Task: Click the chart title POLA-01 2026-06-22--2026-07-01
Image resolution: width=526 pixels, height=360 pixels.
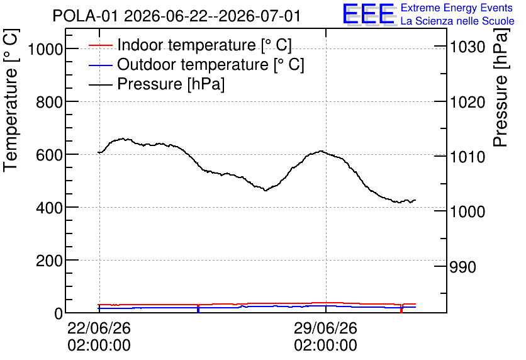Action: [x=176, y=16]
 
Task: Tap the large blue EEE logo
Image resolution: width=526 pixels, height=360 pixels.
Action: [x=369, y=14]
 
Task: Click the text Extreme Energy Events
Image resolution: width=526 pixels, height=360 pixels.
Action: [x=457, y=8]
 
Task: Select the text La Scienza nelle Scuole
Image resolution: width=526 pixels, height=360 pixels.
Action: [x=457, y=21]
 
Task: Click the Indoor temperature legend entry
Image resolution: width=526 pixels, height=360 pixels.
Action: [x=190, y=45]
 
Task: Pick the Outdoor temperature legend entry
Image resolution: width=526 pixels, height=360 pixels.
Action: [x=196, y=64]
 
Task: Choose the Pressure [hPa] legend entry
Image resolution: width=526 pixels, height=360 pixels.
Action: [x=157, y=84]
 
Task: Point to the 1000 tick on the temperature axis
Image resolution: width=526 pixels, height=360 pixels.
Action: [x=45, y=50]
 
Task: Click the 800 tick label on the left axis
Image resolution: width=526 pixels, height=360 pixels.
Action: [x=49, y=102]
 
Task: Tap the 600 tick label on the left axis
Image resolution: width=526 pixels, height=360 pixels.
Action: [x=49, y=155]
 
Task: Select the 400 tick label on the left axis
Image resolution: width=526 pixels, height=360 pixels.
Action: [x=49, y=208]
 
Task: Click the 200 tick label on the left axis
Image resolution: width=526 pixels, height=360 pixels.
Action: [x=49, y=261]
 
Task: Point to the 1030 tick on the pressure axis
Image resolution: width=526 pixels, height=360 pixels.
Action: [x=467, y=47]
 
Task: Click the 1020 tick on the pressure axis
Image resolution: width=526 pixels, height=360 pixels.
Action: [x=467, y=103]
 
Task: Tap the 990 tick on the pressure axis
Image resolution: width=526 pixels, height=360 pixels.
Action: [x=462, y=267]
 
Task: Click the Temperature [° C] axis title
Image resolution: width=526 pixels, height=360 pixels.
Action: [x=11, y=100]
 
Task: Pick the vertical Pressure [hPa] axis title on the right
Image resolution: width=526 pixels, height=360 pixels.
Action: [x=501, y=87]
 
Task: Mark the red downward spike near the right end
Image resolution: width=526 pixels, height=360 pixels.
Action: [x=401, y=308]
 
